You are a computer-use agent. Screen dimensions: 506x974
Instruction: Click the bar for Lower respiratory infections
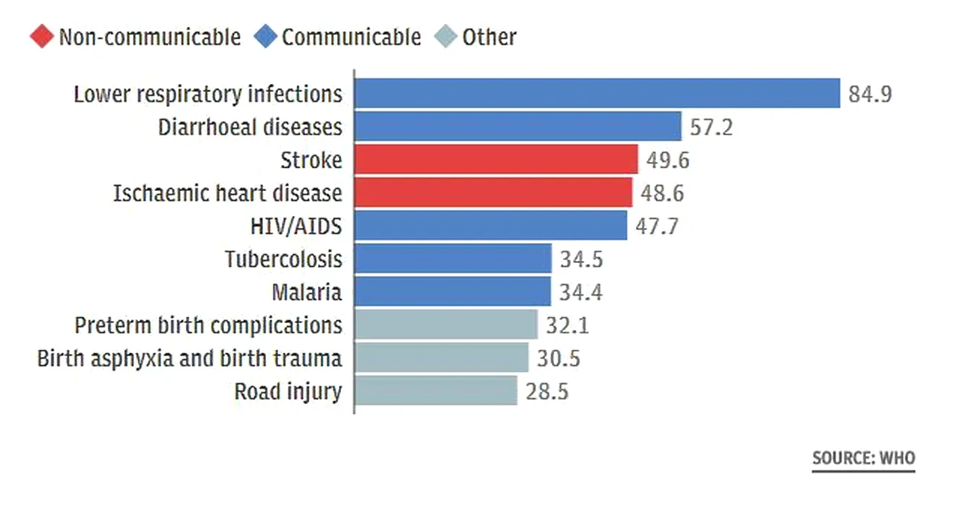click(x=597, y=93)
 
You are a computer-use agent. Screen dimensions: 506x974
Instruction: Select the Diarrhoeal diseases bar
click(x=517, y=126)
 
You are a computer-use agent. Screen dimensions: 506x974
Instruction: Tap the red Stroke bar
click(x=496, y=160)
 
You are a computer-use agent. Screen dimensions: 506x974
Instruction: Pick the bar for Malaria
click(x=452, y=292)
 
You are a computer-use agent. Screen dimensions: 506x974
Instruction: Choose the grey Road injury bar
click(x=436, y=391)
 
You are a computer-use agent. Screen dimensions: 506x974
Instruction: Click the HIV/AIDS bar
click(x=491, y=226)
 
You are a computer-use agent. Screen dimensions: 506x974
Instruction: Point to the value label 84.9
click(x=870, y=94)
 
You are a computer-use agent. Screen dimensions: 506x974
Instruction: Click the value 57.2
click(x=711, y=127)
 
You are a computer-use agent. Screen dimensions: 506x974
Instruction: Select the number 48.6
click(x=662, y=193)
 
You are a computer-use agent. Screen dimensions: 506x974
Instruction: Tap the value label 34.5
click(x=582, y=259)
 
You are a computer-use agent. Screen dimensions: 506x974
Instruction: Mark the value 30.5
click(x=559, y=359)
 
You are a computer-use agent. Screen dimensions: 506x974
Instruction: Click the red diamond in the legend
click(x=42, y=37)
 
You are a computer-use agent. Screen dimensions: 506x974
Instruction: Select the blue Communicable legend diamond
click(x=266, y=37)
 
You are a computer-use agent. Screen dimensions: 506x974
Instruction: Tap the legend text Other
click(x=489, y=37)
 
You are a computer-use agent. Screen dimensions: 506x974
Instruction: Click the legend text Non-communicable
click(x=150, y=37)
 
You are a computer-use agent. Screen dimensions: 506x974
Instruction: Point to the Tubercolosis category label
click(x=283, y=259)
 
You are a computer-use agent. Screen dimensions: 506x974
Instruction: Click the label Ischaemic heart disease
click(x=228, y=193)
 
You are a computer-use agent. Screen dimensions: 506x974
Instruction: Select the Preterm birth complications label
click(x=208, y=325)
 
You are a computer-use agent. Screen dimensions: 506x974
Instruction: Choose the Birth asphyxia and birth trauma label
click(x=189, y=359)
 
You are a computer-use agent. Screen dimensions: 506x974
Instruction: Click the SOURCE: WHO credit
click(x=863, y=458)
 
